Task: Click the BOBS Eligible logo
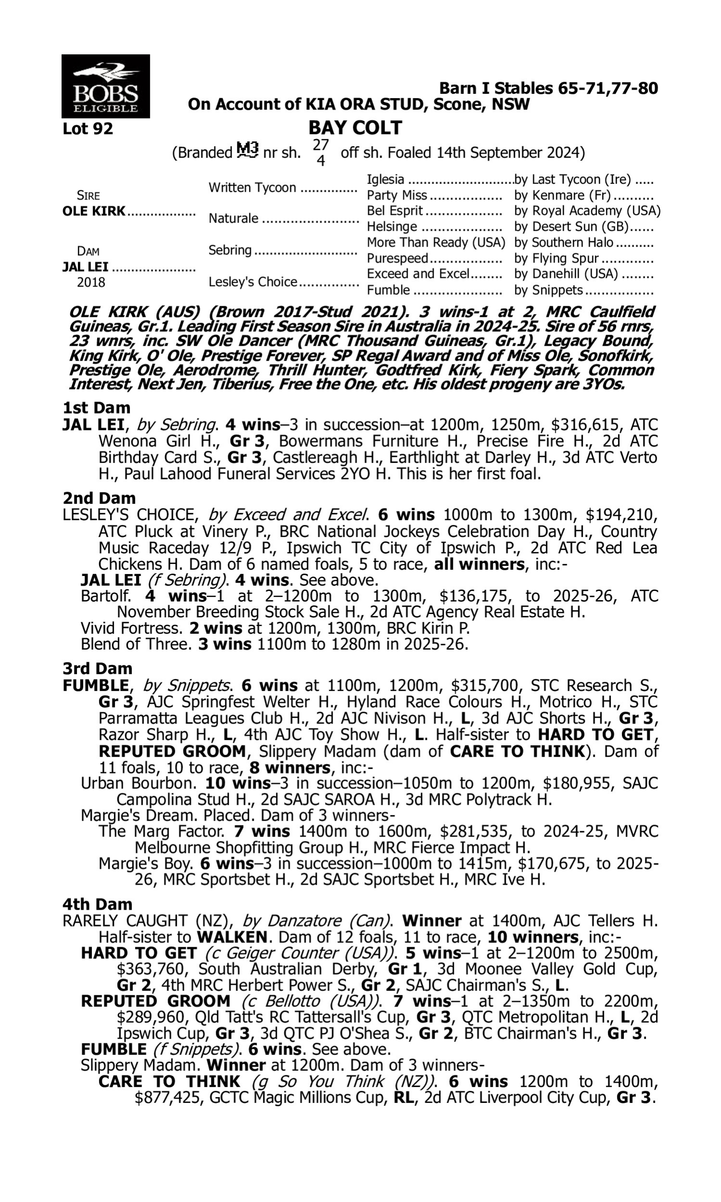click(x=105, y=86)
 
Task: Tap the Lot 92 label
click(x=87, y=129)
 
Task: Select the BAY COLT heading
click(x=355, y=128)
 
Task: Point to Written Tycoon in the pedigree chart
click(x=252, y=188)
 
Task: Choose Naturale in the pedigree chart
click(x=233, y=219)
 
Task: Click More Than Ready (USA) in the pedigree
click(x=436, y=242)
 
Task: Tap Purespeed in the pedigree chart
click(x=397, y=258)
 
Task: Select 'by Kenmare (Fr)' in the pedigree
click(x=563, y=195)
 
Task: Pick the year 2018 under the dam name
click(x=91, y=282)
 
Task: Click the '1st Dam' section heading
click(x=96, y=408)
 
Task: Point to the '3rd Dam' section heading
click(x=97, y=668)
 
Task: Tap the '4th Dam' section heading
click(x=97, y=904)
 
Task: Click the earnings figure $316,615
click(x=586, y=425)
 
